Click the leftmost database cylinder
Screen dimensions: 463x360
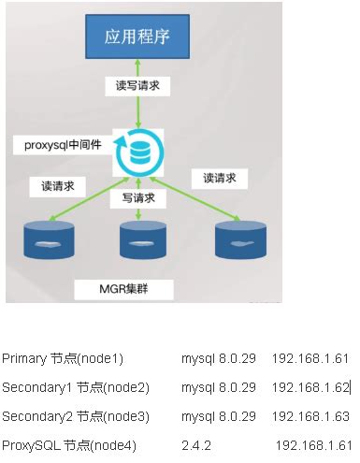[x=47, y=240]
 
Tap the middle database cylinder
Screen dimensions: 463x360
[x=143, y=240]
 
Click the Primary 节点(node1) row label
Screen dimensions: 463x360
[x=63, y=358]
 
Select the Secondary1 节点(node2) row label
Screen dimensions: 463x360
[x=76, y=386]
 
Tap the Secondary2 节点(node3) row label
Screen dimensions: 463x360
[x=76, y=415]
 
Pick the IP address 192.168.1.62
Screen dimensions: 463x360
[x=310, y=386]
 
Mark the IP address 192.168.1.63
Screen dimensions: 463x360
[x=310, y=415]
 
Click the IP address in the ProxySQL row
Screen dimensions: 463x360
[x=313, y=443]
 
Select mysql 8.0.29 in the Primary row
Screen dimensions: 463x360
[x=219, y=358]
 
